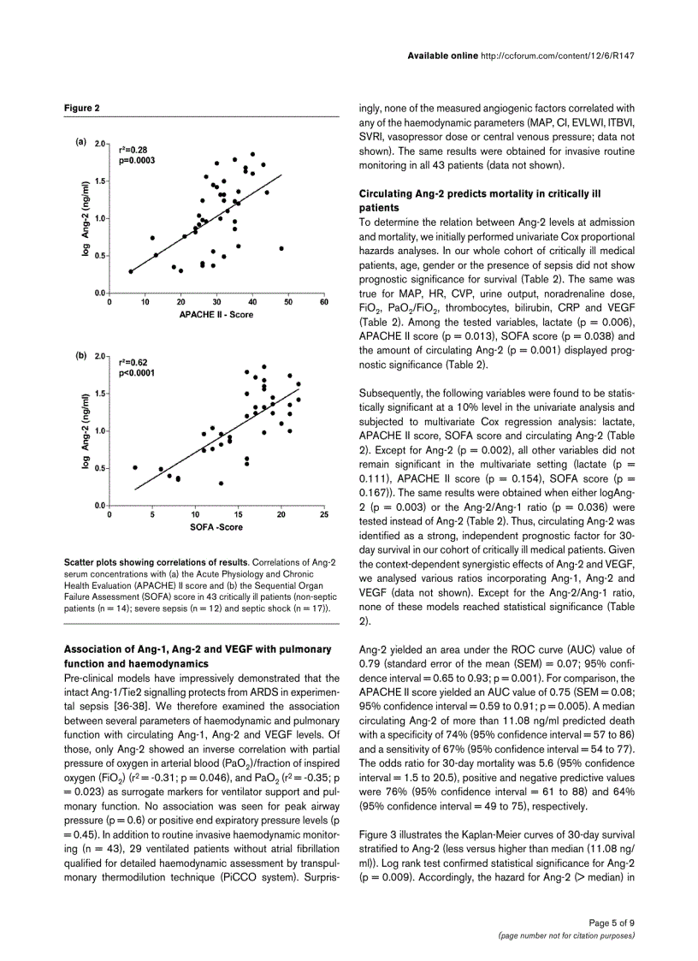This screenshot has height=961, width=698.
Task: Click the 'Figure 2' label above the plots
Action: click(x=82, y=108)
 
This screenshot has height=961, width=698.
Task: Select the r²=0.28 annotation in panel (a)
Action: click(x=133, y=150)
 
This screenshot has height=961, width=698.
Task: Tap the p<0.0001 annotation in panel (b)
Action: click(x=137, y=373)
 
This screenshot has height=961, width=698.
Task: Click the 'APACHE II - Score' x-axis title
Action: click(x=216, y=314)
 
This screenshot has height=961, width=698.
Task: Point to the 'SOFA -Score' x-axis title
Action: click(x=216, y=527)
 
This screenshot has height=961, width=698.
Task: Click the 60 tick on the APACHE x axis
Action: click(x=323, y=302)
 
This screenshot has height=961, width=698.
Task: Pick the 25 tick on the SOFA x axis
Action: click(x=323, y=515)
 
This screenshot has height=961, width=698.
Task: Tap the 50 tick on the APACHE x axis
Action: click(x=287, y=302)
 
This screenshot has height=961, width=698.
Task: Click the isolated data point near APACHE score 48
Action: click(x=281, y=248)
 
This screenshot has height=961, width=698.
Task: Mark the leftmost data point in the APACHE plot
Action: click(x=131, y=271)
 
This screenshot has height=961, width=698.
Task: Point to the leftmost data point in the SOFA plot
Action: click(x=135, y=467)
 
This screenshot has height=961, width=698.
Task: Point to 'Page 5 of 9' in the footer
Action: click(x=611, y=922)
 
